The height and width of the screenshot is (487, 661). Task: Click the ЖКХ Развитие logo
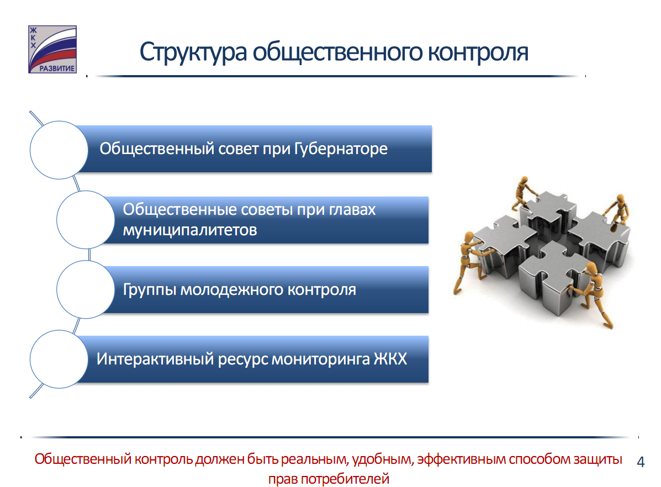(52, 49)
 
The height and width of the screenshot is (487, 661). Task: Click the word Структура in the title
(193, 52)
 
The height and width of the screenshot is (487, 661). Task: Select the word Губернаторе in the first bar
(341, 149)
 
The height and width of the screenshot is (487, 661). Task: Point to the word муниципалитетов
(190, 230)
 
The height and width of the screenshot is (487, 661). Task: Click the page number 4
(641, 462)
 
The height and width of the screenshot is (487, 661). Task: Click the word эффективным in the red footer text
(461, 459)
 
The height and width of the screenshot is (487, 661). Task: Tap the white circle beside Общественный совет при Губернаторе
(59, 150)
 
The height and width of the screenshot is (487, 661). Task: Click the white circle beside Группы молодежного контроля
(86, 289)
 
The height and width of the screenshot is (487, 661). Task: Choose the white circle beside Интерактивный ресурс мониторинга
(59, 359)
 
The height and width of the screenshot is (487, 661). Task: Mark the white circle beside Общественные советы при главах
(86, 220)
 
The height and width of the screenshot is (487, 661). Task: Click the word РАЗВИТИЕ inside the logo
(57, 68)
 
